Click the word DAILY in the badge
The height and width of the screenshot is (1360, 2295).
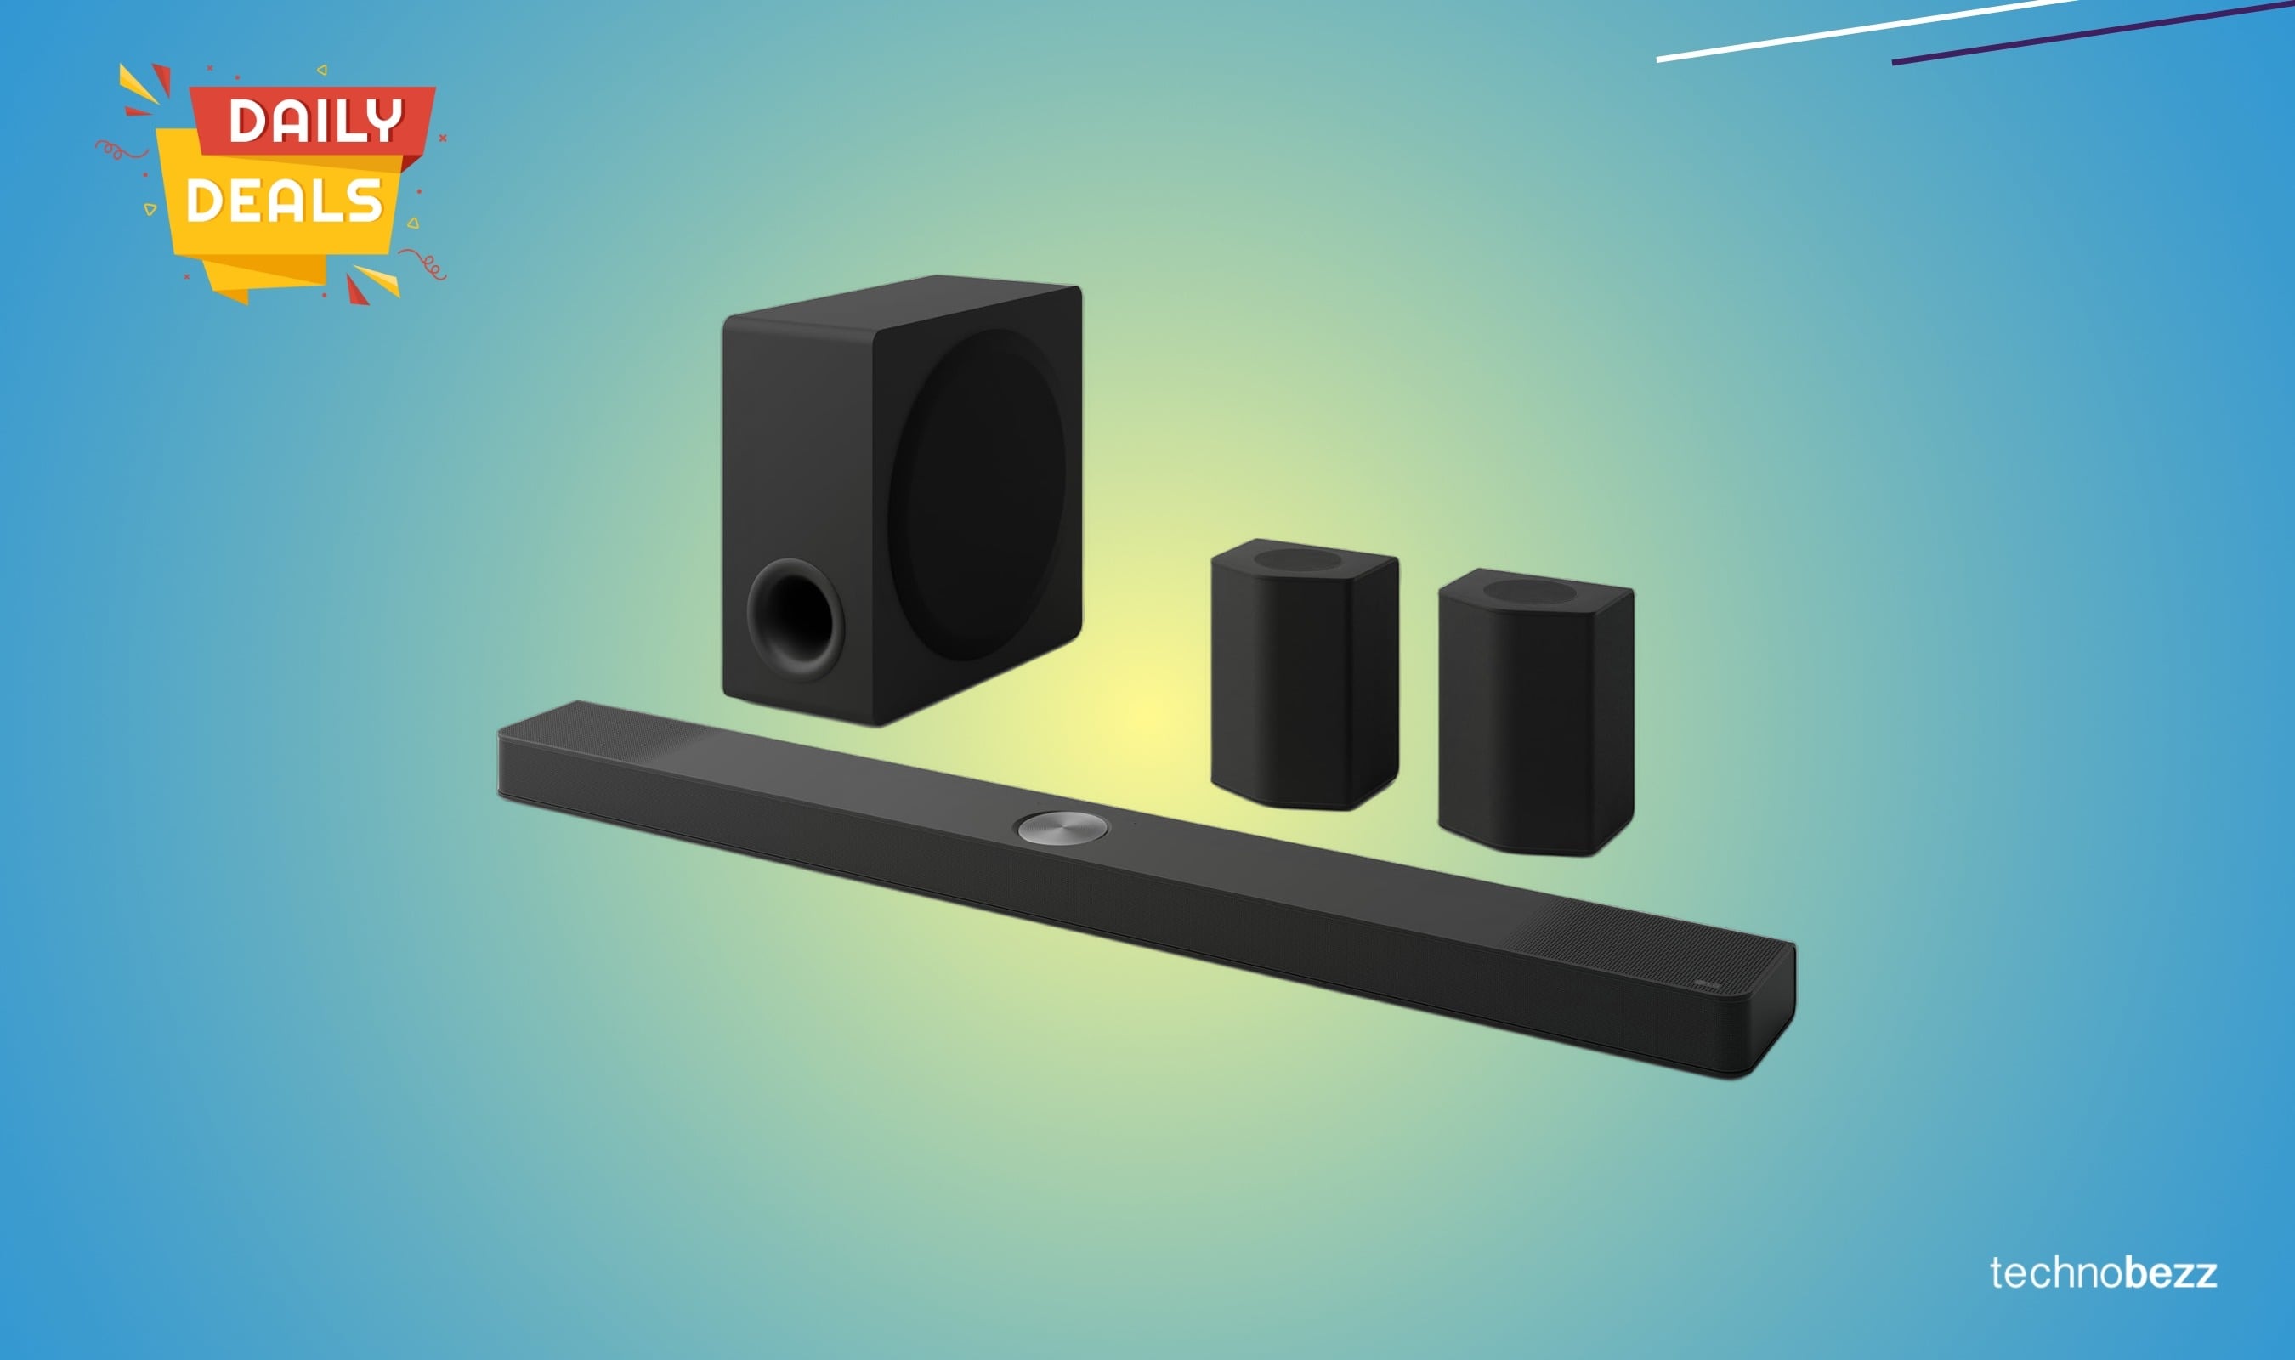(314, 120)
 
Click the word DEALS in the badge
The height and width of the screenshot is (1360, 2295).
(283, 200)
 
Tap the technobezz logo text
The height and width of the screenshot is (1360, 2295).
(2103, 1273)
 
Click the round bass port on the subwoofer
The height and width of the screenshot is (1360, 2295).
(794, 619)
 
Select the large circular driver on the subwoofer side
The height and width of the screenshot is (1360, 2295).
(976, 495)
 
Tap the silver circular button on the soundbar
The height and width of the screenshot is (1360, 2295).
(1062, 829)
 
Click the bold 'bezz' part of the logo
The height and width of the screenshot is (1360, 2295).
(2170, 1273)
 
